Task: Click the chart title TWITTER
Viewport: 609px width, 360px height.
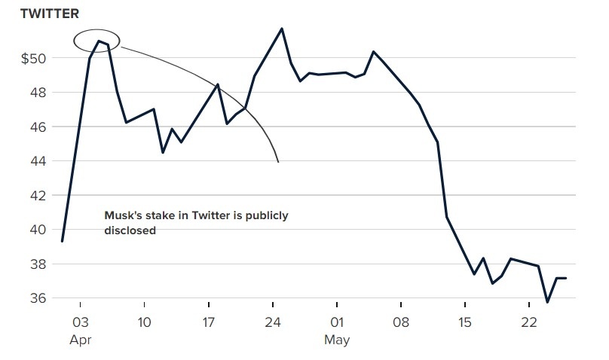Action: point(49,14)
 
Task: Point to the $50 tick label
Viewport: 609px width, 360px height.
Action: point(32,58)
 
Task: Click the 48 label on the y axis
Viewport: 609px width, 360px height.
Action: point(37,93)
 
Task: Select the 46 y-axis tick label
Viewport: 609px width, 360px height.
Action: point(37,127)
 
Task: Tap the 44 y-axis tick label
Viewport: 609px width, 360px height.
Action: point(37,161)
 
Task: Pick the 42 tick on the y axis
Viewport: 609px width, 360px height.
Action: point(37,196)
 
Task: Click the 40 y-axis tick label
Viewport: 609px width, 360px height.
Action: point(37,230)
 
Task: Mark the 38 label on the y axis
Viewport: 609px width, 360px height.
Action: point(37,264)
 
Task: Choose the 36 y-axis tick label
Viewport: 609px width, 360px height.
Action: point(37,298)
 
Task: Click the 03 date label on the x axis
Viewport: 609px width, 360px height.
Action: point(81,322)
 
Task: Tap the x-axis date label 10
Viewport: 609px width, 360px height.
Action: point(144,322)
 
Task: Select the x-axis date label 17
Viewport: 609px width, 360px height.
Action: point(209,322)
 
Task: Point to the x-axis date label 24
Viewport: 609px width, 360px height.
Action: point(273,322)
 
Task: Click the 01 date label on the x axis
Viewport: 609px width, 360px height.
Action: point(337,322)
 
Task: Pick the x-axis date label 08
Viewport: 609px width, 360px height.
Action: point(401,322)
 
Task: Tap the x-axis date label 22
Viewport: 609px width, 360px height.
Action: point(529,322)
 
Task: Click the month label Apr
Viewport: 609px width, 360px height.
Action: point(81,340)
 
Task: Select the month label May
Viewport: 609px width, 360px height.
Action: point(337,340)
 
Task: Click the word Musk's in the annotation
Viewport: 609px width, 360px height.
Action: point(121,216)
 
